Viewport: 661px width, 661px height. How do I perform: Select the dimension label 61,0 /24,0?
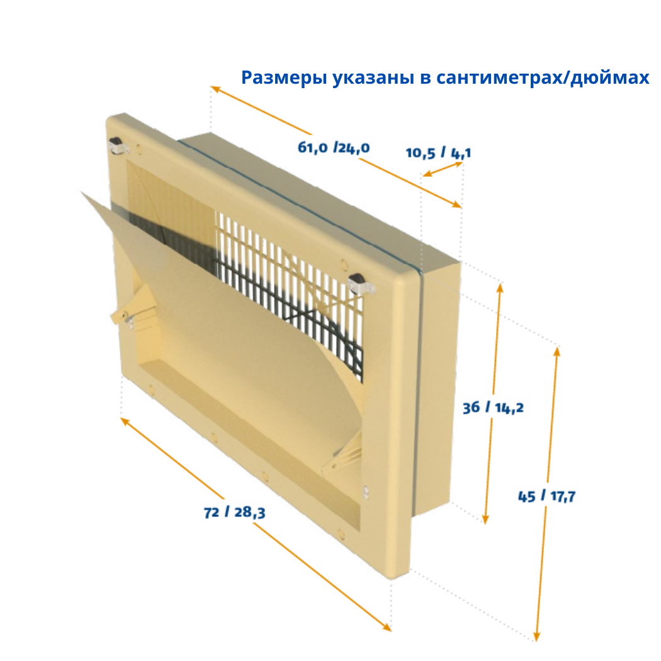coord(334,147)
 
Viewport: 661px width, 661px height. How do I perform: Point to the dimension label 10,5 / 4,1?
coord(438,152)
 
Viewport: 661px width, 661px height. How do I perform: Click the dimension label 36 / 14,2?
coord(493,408)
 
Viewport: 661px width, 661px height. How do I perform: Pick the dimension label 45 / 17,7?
coord(547,496)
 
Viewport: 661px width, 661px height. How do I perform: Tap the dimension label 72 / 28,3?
coord(234,512)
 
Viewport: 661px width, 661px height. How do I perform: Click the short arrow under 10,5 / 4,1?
coord(443,169)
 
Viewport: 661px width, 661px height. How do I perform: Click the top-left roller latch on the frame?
coord(116,145)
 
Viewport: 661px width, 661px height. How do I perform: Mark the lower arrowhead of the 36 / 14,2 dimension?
coord(485,519)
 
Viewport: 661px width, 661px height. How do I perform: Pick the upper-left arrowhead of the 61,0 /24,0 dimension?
coord(215,89)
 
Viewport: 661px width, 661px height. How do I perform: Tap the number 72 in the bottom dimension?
coord(212,512)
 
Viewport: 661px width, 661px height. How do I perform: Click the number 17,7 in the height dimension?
coord(563,497)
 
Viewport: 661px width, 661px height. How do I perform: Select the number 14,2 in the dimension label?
coord(509,408)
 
